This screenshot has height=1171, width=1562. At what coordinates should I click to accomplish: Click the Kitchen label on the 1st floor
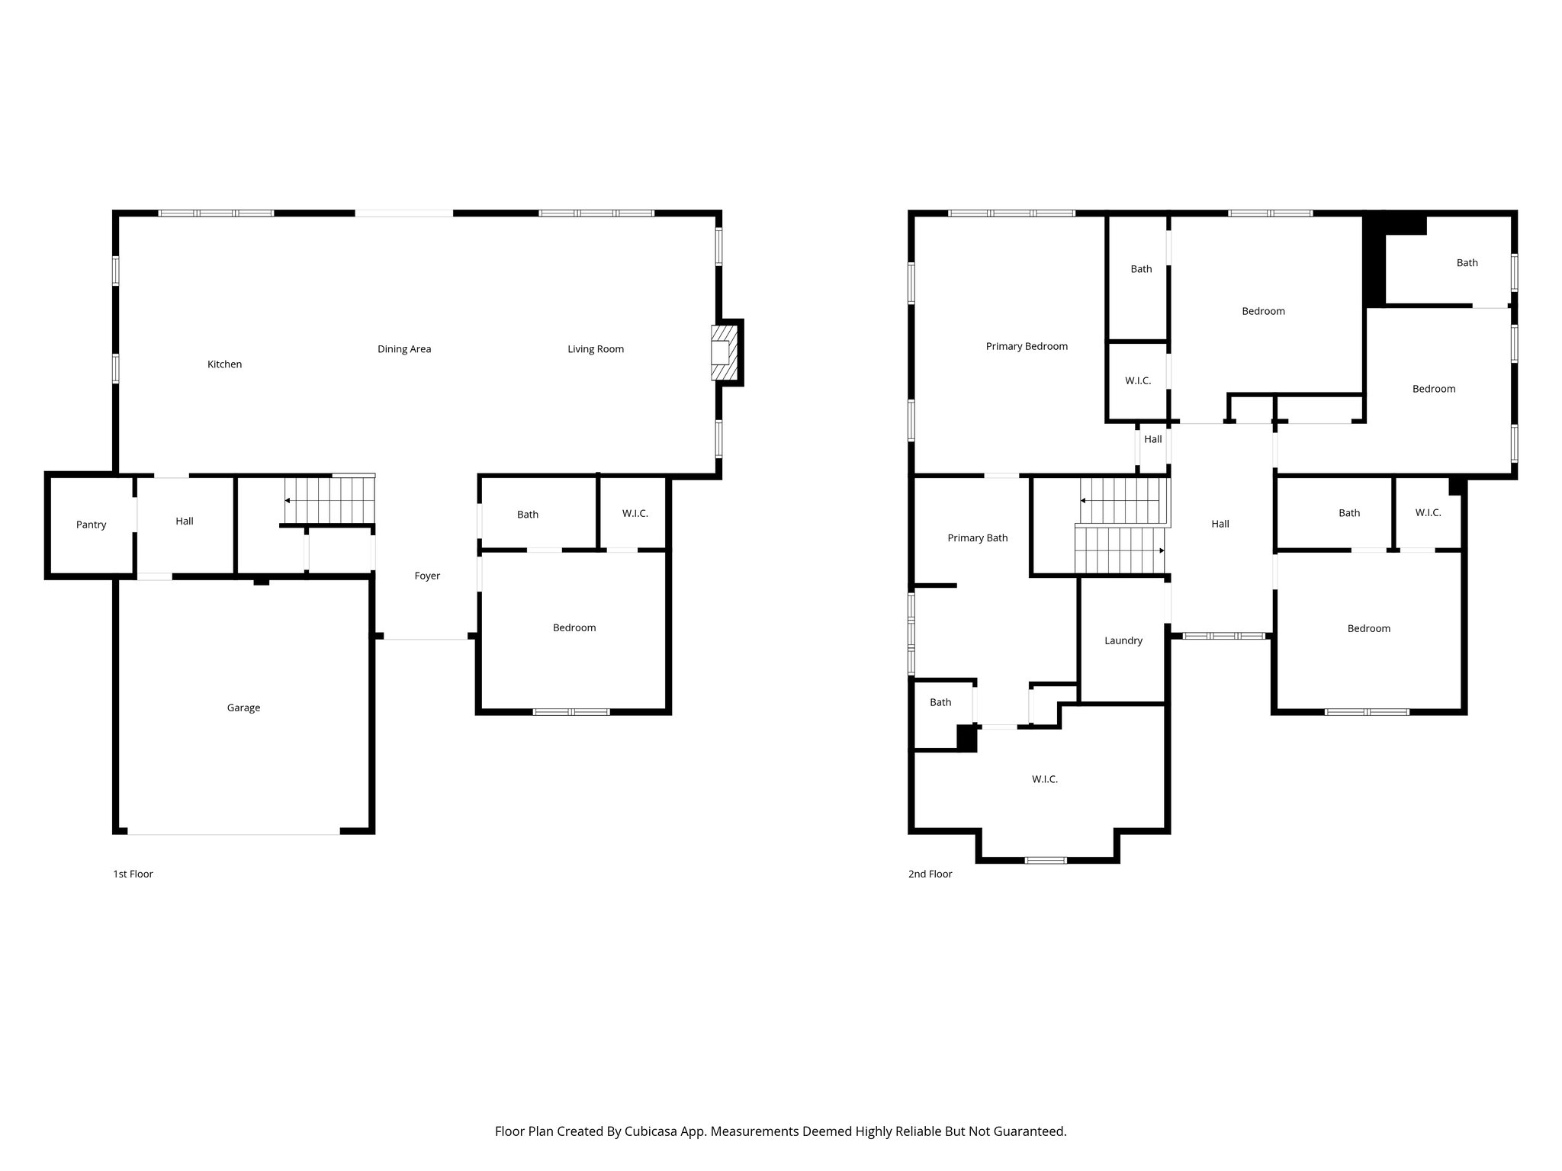(x=224, y=364)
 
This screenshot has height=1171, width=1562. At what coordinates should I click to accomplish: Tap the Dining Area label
(x=404, y=349)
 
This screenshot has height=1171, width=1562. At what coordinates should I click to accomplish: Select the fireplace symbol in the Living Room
(x=725, y=353)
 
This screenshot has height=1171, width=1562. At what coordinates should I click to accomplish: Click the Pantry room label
(x=91, y=525)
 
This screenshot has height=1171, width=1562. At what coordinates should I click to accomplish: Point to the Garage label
(x=243, y=707)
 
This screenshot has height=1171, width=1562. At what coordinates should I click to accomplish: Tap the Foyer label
(x=427, y=576)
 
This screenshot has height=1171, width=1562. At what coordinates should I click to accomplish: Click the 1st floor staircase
(x=329, y=500)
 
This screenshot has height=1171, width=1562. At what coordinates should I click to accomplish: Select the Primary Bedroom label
(x=1027, y=346)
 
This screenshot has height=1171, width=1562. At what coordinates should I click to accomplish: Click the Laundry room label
(x=1123, y=640)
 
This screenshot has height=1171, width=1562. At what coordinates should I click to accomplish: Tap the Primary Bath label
(x=977, y=537)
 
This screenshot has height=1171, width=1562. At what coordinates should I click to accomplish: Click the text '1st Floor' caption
(x=133, y=874)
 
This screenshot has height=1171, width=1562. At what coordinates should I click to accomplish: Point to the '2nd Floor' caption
(x=930, y=874)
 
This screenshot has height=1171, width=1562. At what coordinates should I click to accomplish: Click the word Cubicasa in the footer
(x=652, y=1131)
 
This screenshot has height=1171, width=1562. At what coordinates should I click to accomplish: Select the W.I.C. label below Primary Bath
(x=1044, y=779)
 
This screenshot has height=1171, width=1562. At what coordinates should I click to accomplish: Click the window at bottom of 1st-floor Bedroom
(x=571, y=712)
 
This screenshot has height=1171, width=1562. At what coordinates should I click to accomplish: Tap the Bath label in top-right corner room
(x=1467, y=262)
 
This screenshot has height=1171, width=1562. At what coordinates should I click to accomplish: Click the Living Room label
(x=595, y=349)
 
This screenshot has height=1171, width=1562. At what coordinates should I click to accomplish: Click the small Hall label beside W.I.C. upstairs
(x=1152, y=439)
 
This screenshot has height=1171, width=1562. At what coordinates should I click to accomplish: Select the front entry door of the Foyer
(x=426, y=638)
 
